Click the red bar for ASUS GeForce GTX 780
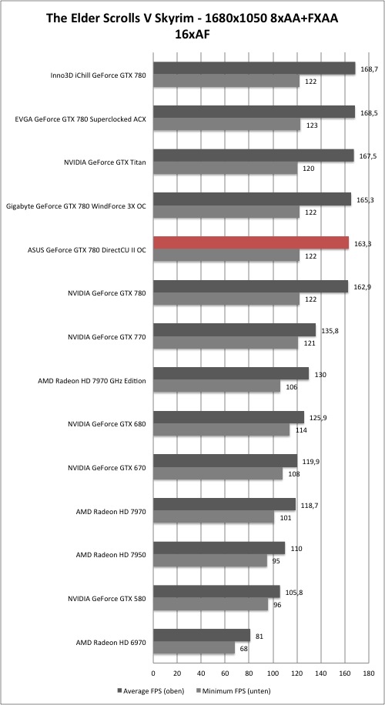(251, 242)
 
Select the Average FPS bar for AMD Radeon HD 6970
(202, 635)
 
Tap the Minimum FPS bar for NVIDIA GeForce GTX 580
(210, 605)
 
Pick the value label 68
(243, 648)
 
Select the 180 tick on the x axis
(368, 673)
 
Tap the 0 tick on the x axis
(153, 673)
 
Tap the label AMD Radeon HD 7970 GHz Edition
(92, 381)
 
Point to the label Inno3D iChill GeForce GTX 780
(99, 75)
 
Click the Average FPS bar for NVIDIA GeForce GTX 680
(229, 417)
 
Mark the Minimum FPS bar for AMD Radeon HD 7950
(210, 561)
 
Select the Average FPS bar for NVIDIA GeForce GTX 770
(234, 330)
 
